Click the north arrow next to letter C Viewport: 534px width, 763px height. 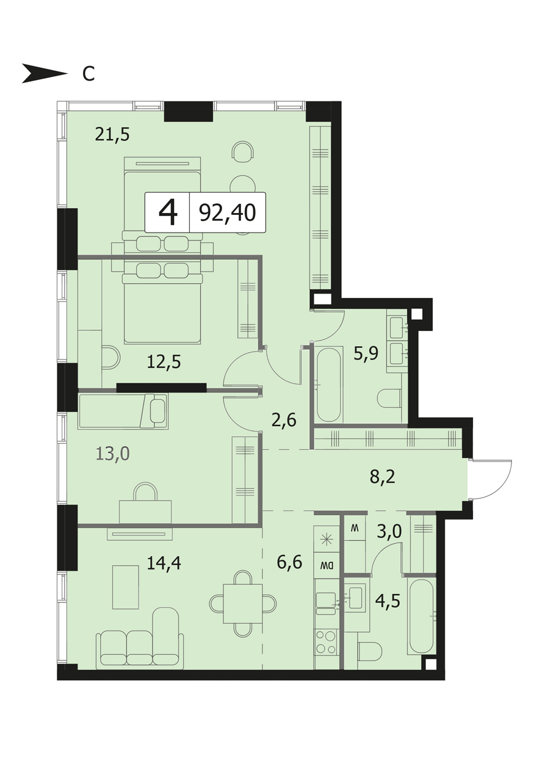click(45, 73)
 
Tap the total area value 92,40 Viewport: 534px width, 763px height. click(228, 213)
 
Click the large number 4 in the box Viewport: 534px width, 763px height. click(168, 213)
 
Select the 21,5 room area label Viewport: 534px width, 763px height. click(112, 134)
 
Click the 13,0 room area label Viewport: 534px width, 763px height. click(113, 454)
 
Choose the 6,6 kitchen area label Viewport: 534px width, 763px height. click(289, 562)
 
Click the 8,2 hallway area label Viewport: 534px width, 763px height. click(383, 477)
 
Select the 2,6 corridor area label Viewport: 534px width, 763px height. click(284, 421)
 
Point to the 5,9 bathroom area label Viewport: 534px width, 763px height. click(366, 353)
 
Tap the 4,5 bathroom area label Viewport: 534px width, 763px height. click(388, 601)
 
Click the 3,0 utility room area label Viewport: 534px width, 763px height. click(389, 530)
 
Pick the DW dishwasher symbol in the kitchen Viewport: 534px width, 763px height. click(327, 566)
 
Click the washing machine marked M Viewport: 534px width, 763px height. click(355, 527)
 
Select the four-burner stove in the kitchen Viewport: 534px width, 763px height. click(327, 642)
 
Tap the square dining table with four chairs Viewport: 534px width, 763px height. click(243, 604)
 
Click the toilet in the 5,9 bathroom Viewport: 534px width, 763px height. click(389, 398)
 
